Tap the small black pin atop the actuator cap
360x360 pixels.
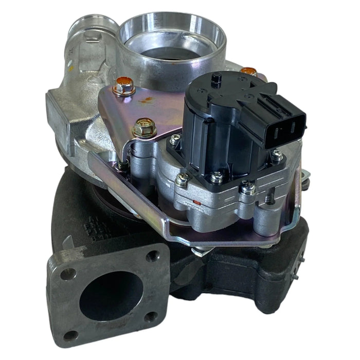click(x=217, y=78)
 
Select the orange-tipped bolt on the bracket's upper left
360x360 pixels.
click(x=124, y=85)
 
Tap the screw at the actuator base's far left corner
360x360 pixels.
click(x=176, y=139)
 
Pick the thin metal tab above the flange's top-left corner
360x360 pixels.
click(x=67, y=242)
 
